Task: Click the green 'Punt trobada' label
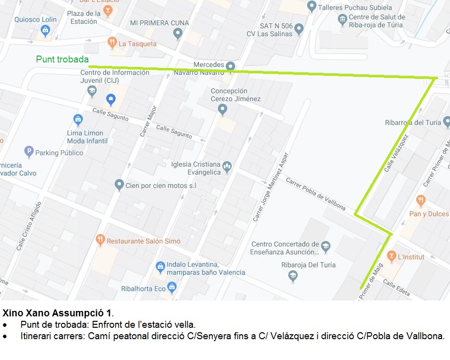pyautogui.click(x=62, y=60)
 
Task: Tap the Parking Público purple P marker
pyautogui.click(x=29, y=152)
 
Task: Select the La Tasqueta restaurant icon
pyautogui.click(x=113, y=43)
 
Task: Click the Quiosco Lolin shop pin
pyautogui.click(x=45, y=31)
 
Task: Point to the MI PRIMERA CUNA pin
pyautogui.click(x=178, y=34)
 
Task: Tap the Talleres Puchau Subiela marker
pyautogui.click(x=312, y=7)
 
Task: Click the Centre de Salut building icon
pyautogui.click(x=342, y=20)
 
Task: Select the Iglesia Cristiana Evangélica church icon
pyautogui.click(x=227, y=166)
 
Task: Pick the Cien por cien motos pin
pyautogui.click(x=119, y=185)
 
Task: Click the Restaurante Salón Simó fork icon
pyautogui.click(x=100, y=241)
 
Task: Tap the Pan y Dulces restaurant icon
pyautogui.click(x=421, y=201)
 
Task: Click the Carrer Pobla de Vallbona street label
pyautogui.click(x=315, y=190)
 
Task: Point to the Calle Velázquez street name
pyautogui.click(x=397, y=153)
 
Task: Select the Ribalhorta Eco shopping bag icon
pyautogui.click(x=172, y=287)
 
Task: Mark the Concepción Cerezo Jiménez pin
pyautogui.click(x=222, y=109)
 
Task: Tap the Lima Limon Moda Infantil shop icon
pyautogui.click(x=78, y=120)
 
